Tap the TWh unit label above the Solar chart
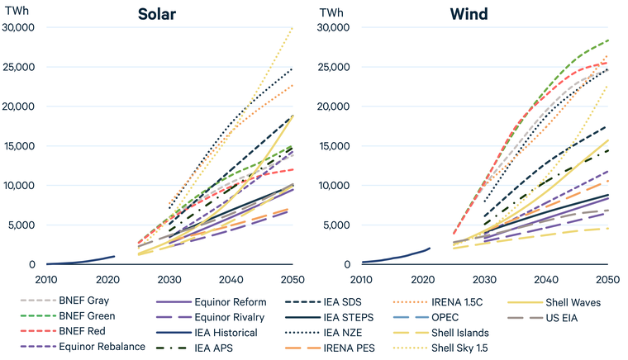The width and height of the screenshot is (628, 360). click(x=17, y=13)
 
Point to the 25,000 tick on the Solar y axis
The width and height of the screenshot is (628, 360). click(x=18, y=67)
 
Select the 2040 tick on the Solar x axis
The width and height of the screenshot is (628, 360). click(x=231, y=278)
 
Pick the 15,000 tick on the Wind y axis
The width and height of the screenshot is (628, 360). click(x=335, y=146)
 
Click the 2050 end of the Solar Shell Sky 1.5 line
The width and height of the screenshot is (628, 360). click(x=293, y=27)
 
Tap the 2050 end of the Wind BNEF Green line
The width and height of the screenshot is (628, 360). click(x=608, y=40)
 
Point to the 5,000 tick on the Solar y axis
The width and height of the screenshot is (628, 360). click(x=21, y=225)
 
